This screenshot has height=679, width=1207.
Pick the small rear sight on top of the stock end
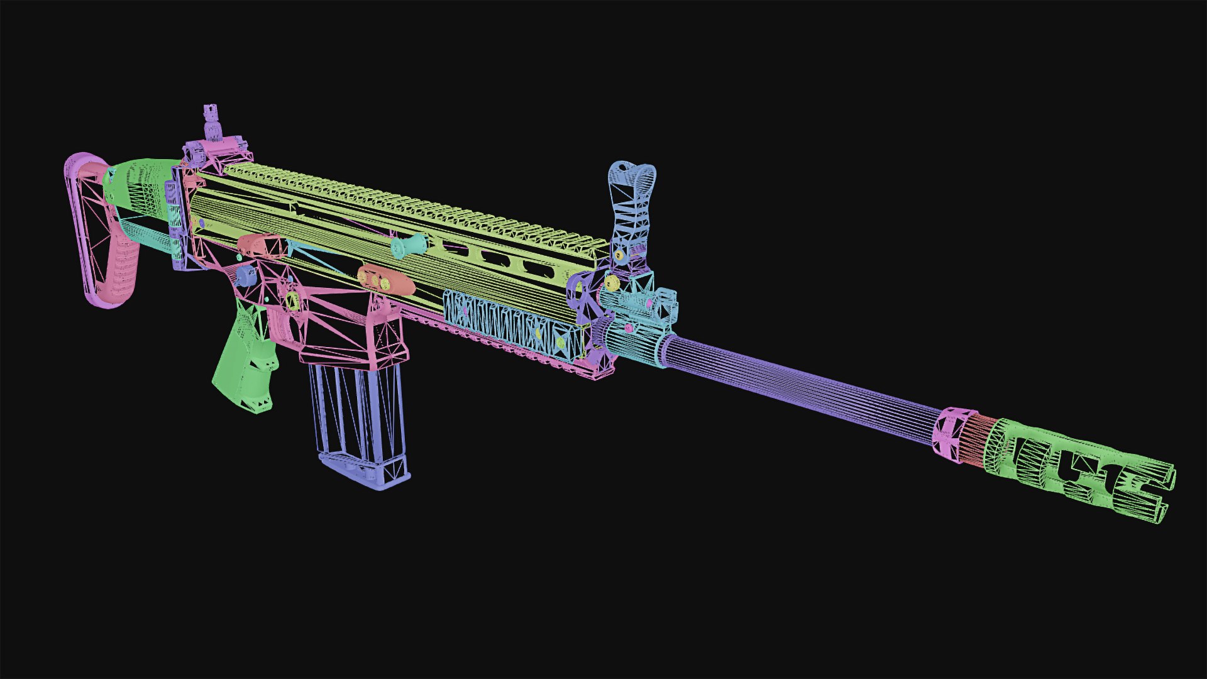[x=211, y=123]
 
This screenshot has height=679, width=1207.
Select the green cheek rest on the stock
[x=138, y=182]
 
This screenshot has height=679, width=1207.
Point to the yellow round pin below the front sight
[x=611, y=282]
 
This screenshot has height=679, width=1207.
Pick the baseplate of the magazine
[x=365, y=475]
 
